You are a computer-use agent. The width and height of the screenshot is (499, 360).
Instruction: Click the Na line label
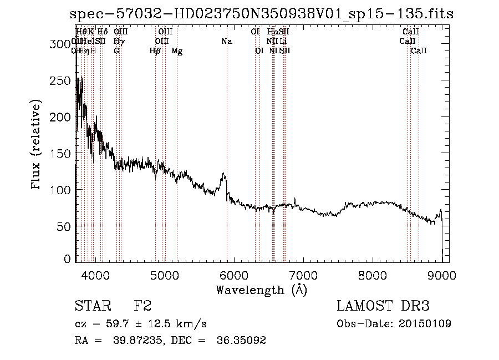coord(226,41)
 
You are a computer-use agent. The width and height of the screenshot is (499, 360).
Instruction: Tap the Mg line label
coord(177,51)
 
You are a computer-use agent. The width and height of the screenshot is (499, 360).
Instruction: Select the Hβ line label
coord(155,51)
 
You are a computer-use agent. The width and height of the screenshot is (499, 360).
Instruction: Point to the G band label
coord(116,51)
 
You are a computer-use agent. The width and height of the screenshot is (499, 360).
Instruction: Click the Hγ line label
coord(118,41)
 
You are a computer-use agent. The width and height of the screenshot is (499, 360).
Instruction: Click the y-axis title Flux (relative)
coord(37,145)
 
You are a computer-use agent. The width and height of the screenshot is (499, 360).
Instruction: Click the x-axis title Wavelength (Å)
coord(261,290)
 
